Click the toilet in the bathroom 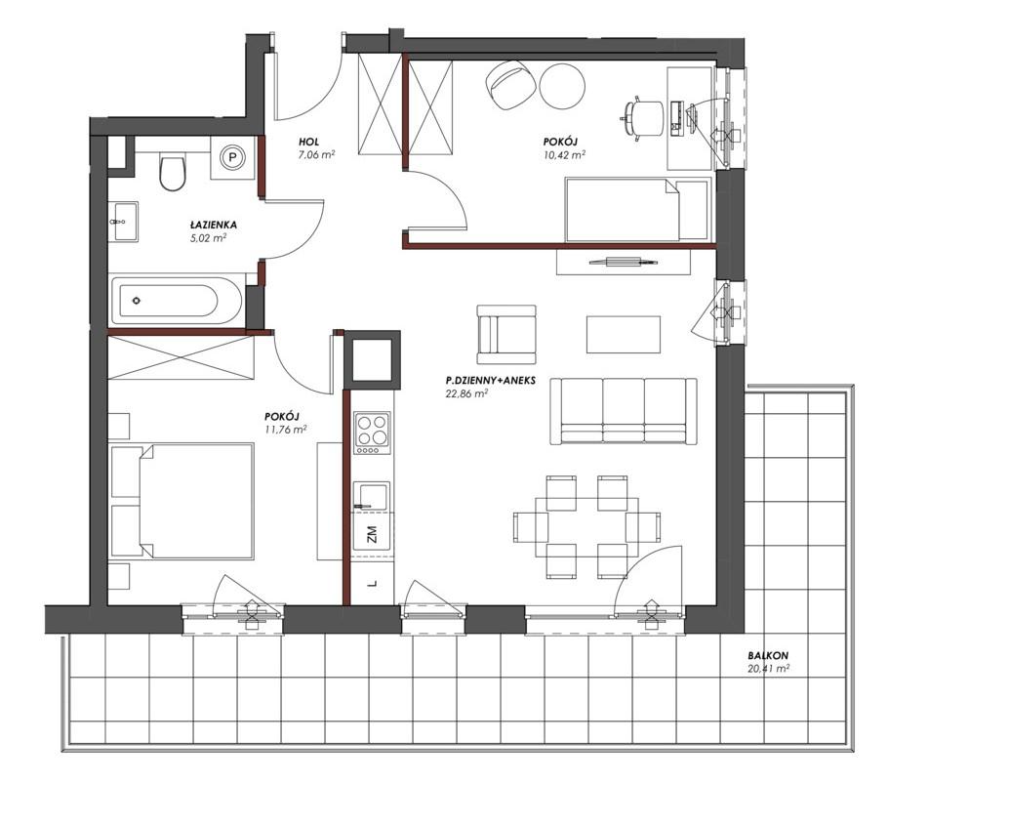tap(172, 170)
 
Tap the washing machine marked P tap(233, 157)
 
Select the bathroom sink tap(123, 223)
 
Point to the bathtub tap(177, 300)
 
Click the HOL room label tap(308, 142)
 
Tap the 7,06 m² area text tap(316, 154)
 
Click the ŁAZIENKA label tap(213, 225)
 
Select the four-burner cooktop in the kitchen tap(372, 433)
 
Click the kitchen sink tap(371, 497)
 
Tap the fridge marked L tap(372, 584)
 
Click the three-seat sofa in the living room tap(624, 411)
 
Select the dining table tap(586, 526)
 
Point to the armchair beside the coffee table tap(505, 334)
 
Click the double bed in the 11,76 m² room tap(182, 501)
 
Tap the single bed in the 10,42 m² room tap(638, 210)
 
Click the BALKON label tap(768, 656)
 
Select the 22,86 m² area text tap(465, 394)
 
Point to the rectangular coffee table tap(623, 334)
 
